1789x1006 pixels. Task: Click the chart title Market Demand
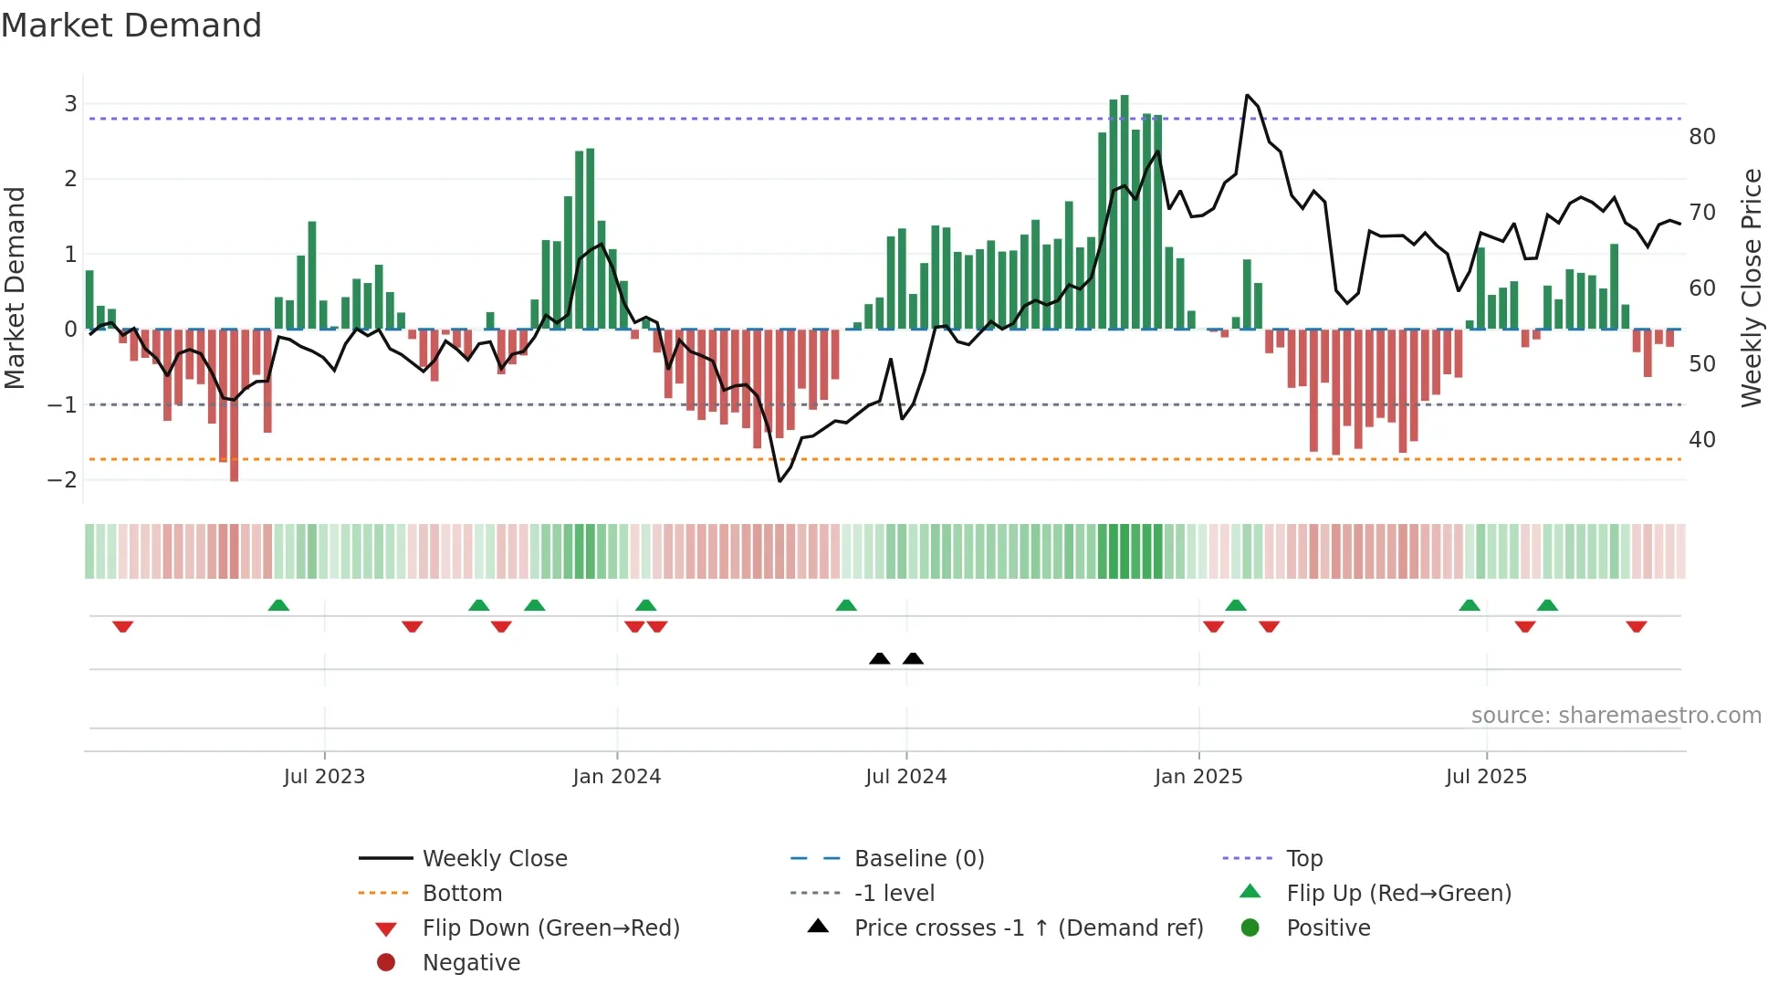pos(131,26)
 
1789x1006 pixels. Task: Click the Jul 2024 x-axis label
pos(905,777)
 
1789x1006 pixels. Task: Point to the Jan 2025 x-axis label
pos(1198,777)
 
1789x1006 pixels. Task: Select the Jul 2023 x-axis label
pos(324,777)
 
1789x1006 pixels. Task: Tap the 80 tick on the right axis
pos(1701,137)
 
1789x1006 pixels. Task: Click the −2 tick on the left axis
pos(62,479)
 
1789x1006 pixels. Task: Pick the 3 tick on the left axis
pos(70,104)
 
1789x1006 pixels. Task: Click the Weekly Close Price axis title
pos(1751,288)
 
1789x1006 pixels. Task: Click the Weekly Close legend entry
pos(494,859)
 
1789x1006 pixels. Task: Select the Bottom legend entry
pos(462,894)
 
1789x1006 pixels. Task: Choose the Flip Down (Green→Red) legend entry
pos(550,928)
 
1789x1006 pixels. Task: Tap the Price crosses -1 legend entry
pos(1028,928)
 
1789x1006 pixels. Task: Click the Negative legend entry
pos(471,963)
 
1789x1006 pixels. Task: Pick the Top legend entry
pos(1303,859)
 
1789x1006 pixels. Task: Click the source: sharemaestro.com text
pos(1616,716)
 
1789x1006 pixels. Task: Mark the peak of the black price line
pos(1247,95)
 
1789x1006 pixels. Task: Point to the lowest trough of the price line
pos(779,481)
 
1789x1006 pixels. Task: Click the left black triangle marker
pos(879,658)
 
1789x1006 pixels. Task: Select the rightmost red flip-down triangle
pos(1636,627)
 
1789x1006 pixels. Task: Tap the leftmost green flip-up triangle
pos(278,605)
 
